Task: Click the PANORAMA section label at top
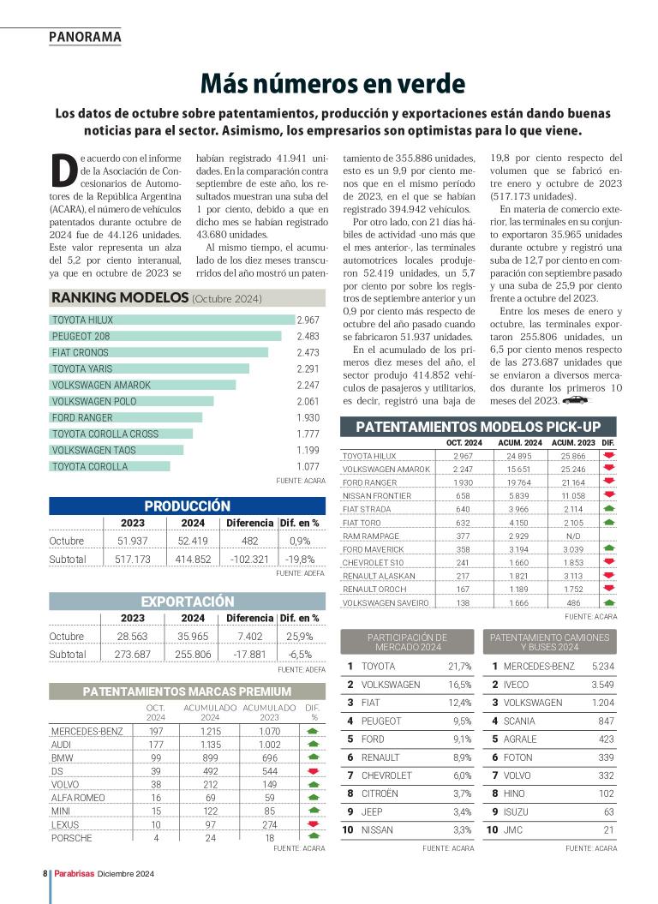(85, 37)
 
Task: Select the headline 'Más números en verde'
(332, 83)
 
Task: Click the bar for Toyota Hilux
(171, 320)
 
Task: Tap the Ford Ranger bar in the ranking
(126, 417)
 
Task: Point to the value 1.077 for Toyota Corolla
(308, 467)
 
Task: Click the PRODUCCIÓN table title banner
(187, 506)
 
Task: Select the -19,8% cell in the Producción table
(300, 559)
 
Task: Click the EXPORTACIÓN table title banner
(187, 602)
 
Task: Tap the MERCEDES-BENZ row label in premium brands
(87, 731)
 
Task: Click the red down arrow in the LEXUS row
(313, 824)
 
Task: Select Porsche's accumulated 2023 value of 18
(270, 838)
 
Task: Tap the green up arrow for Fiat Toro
(609, 522)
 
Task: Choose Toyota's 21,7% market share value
(459, 666)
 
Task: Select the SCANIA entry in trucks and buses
(519, 721)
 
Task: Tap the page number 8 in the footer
(44, 873)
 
